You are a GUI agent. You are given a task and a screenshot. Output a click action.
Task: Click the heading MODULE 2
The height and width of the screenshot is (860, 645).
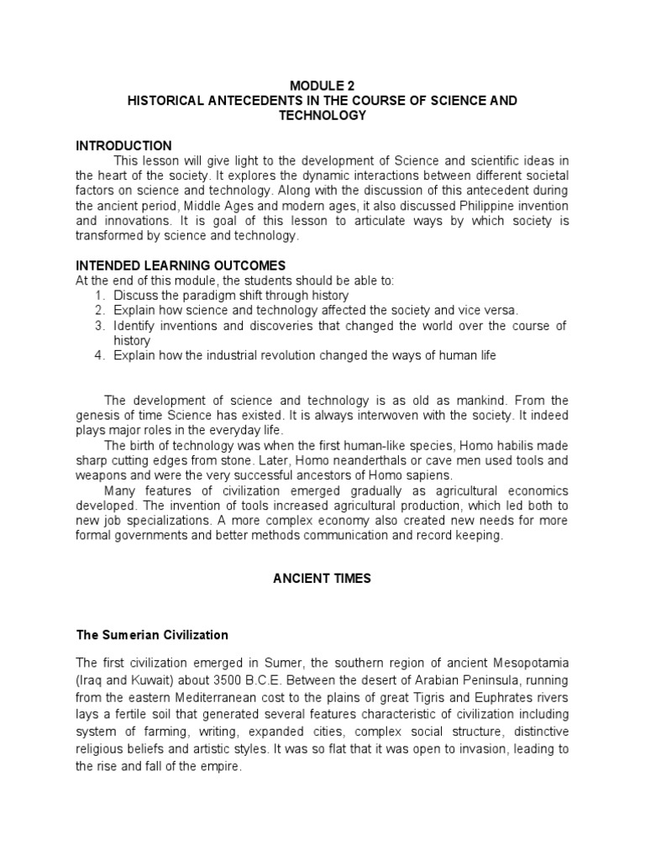(322, 86)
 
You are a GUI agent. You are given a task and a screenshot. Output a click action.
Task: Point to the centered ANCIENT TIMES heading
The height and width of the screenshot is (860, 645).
(322, 579)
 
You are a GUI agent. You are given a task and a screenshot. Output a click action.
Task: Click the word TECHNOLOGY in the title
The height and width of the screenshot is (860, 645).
(322, 115)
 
